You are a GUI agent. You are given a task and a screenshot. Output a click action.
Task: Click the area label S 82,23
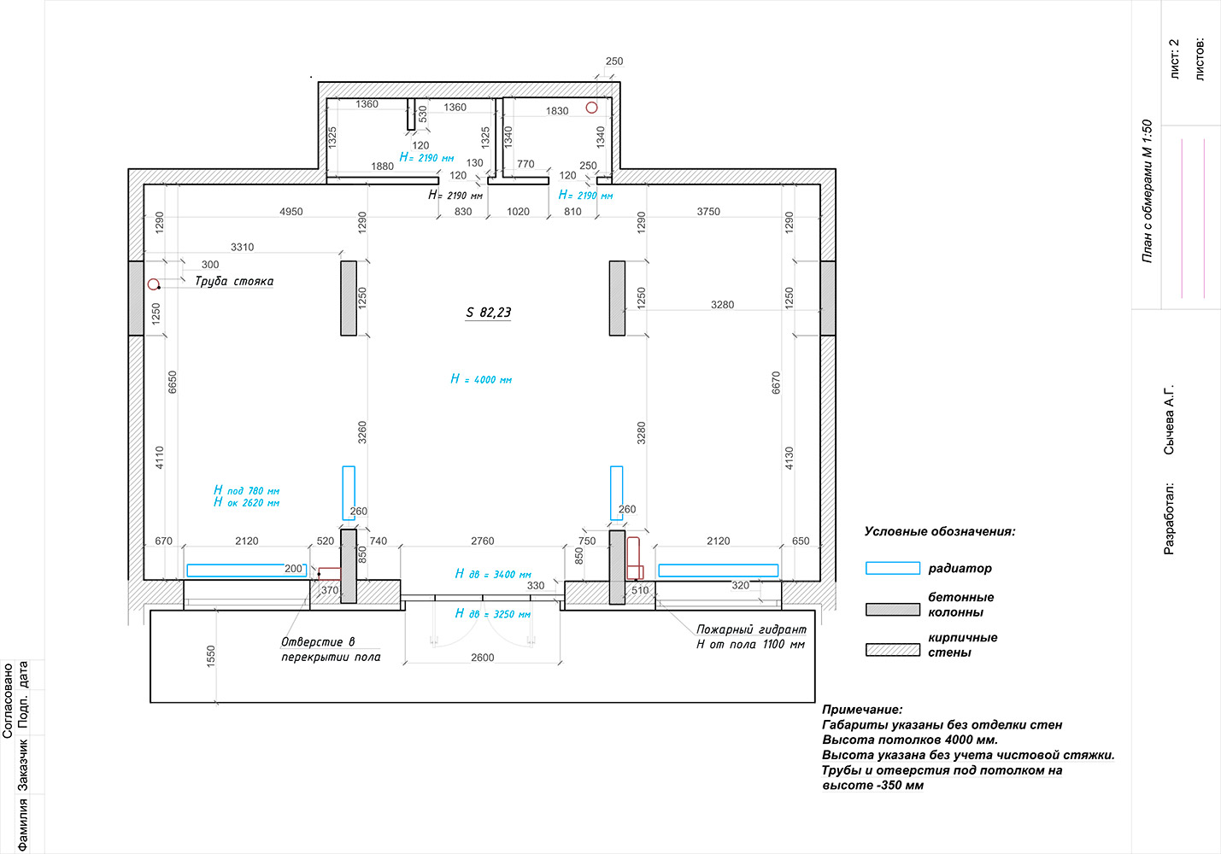489,313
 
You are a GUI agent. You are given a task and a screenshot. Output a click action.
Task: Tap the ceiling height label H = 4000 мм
481,379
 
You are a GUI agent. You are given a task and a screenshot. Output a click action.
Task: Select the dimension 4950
291,211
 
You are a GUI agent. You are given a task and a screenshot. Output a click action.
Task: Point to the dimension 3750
708,211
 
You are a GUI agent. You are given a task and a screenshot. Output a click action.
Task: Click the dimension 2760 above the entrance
483,541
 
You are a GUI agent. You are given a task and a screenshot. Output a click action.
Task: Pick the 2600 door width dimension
483,658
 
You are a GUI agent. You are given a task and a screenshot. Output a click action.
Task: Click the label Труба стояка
234,282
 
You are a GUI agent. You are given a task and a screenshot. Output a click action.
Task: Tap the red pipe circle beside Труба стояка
153,284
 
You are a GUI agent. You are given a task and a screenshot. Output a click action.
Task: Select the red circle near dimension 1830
591,108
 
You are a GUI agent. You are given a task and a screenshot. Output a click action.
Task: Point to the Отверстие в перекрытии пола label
331,649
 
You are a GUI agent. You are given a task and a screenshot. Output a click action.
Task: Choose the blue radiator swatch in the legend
893,568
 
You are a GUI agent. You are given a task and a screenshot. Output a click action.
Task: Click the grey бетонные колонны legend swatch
893,610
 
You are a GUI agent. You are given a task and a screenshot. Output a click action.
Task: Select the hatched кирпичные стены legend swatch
893,649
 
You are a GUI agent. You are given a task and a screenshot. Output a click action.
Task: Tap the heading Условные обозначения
940,531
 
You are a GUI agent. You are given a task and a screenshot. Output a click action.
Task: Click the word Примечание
862,710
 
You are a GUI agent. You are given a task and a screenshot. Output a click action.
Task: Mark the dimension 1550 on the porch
211,656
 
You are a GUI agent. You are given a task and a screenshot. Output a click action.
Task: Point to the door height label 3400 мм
493,574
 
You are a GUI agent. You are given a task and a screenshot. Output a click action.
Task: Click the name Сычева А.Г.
1169,420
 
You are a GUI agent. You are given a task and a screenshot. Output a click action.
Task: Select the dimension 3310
242,247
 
